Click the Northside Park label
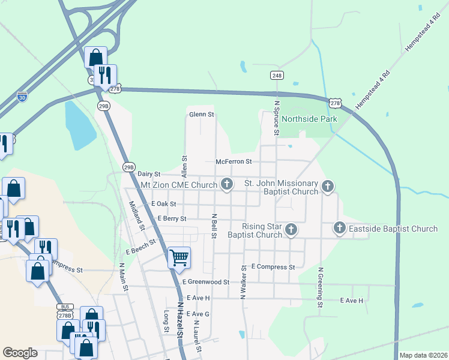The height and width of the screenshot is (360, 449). click(309, 119)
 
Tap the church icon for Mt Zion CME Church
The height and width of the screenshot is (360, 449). click(226, 184)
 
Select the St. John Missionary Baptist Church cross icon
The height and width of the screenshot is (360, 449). click(328, 186)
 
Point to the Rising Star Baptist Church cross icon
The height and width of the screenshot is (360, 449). click(291, 229)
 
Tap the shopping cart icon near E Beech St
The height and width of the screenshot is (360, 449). click(179, 257)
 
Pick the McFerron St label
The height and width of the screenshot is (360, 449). click(234, 161)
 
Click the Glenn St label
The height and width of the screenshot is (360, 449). click(201, 115)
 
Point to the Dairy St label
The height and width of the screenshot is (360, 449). click(149, 174)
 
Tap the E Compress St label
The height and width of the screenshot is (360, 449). click(273, 266)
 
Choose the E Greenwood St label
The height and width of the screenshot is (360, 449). click(206, 281)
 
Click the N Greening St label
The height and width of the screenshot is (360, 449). click(321, 289)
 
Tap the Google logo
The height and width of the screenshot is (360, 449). click(20, 353)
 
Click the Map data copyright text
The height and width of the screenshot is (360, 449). click(423, 355)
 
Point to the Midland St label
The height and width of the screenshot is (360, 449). click(136, 215)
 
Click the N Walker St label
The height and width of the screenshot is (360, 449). click(244, 282)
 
